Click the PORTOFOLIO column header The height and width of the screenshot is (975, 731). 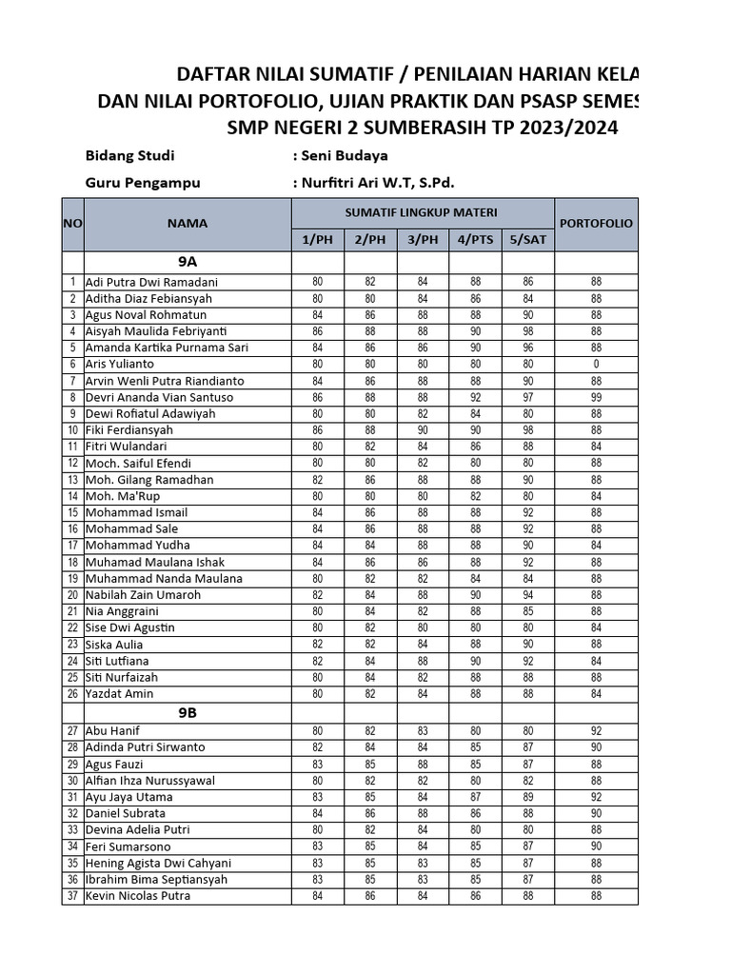click(x=596, y=223)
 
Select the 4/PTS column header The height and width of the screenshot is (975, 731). click(x=476, y=240)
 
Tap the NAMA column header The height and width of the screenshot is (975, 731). click(x=188, y=223)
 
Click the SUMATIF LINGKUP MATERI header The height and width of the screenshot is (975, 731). click(x=423, y=211)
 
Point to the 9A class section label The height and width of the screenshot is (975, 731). click(x=188, y=261)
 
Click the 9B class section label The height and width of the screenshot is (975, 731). click(x=188, y=712)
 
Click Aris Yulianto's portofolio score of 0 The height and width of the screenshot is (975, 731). click(x=596, y=364)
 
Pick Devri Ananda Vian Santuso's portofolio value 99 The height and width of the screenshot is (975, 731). click(x=596, y=397)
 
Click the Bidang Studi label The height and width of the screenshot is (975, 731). click(x=130, y=155)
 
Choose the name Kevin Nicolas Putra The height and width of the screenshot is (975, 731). click(x=138, y=896)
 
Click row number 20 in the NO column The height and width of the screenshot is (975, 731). click(x=72, y=595)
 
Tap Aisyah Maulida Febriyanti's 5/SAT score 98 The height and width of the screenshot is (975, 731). click(x=528, y=330)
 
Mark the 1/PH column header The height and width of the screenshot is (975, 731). click(x=317, y=240)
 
